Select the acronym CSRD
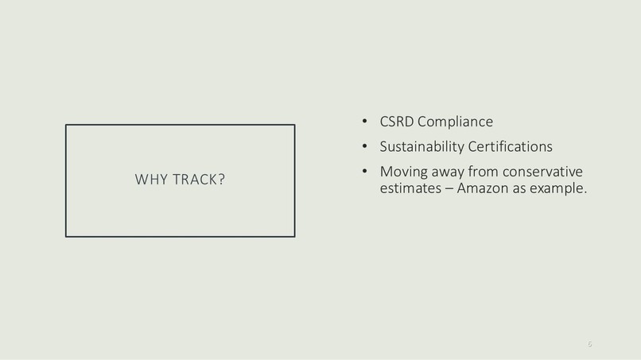click(397, 122)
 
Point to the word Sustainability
click(420, 147)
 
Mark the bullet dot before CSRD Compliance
click(364, 122)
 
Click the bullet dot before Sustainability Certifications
click(364, 147)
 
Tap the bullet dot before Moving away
click(364, 172)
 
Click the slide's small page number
click(589, 344)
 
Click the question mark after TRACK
click(221, 180)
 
